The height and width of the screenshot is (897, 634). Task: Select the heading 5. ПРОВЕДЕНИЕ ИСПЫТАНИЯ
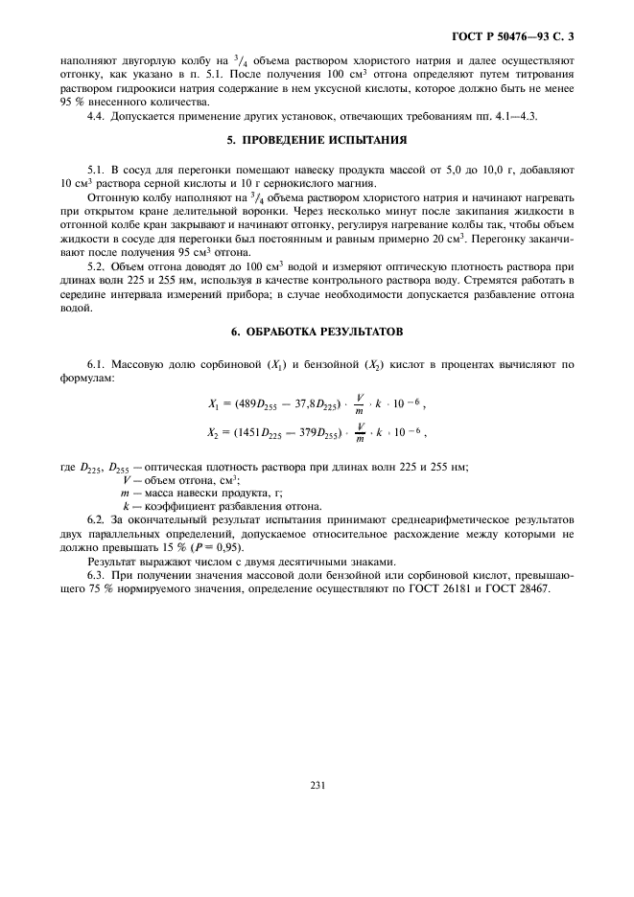(317, 141)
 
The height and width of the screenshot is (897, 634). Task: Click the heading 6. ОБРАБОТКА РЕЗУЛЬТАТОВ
(317, 331)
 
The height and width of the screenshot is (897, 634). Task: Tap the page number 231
(317, 785)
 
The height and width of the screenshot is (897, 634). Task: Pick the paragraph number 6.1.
(96, 365)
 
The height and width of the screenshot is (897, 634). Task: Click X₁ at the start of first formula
(214, 405)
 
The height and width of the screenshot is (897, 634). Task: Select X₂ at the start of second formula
(214, 432)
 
